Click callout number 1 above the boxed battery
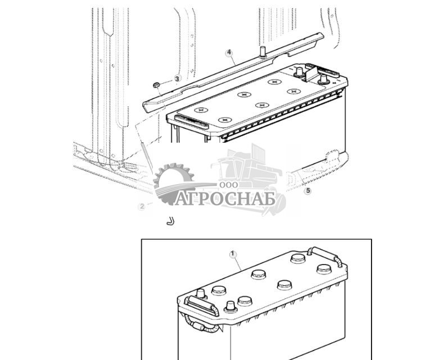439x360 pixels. (x=233, y=254)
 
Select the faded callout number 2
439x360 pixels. (x=142, y=206)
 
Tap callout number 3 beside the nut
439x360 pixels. (x=176, y=79)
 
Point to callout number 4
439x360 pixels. (x=229, y=53)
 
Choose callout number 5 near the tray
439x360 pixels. (x=307, y=191)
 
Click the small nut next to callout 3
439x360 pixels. (x=157, y=85)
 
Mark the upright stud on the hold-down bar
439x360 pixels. (x=262, y=52)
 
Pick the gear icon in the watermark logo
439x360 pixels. (x=171, y=180)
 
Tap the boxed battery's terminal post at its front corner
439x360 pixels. (x=229, y=307)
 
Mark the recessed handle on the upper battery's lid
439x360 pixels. (x=185, y=119)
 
